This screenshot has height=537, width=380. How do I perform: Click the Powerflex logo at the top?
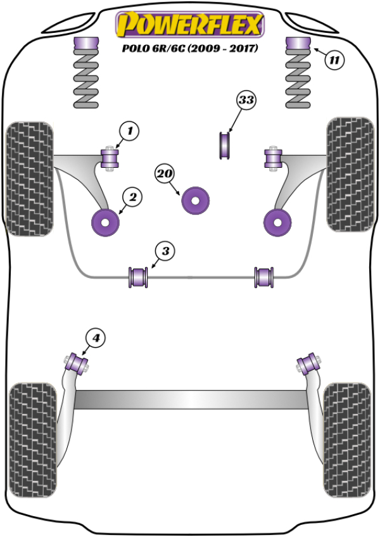(x=189, y=25)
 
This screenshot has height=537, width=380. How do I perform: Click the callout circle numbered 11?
(x=334, y=61)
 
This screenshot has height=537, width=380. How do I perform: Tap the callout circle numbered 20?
(x=165, y=173)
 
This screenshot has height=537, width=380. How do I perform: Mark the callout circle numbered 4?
(x=96, y=339)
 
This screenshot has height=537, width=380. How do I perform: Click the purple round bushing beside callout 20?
(x=196, y=201)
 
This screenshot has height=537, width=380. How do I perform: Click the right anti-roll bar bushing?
(x=265, y=277)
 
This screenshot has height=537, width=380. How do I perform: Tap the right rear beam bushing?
(x=308, y=363)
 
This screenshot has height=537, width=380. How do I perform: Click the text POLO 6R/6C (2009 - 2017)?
(x=188, y=49)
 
